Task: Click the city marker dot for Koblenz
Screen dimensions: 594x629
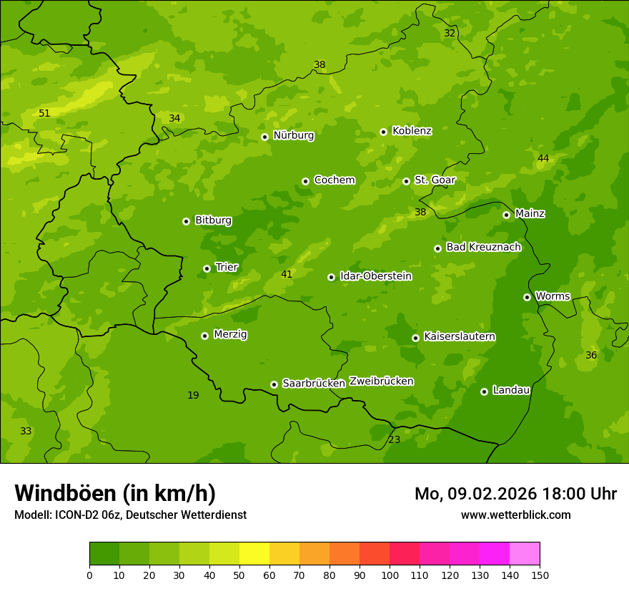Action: point(383,132)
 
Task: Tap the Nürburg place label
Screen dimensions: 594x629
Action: point(293,135)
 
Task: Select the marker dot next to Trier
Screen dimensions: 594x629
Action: point(207,268)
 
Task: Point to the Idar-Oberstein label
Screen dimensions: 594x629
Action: point(375,276)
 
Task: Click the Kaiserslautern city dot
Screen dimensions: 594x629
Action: point(415,338)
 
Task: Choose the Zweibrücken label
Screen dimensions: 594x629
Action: point(381,381)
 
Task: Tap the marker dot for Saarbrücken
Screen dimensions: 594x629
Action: point(274,384)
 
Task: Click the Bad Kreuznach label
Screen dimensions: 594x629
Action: point(483,248)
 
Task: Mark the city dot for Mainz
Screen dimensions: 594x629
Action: point(506,215)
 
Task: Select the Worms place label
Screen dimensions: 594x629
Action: point(553,296)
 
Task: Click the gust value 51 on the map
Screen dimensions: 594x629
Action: point(44,113)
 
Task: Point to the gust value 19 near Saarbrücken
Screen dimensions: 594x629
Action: point(193,395)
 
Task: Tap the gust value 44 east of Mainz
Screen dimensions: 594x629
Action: point(543,158)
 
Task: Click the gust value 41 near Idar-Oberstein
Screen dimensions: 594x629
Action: point(287,274)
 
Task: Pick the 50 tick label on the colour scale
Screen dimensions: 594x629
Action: point(239,575)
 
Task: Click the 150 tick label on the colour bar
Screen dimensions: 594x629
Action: point(540,575)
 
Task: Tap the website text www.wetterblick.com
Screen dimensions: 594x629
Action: point(515,515)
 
